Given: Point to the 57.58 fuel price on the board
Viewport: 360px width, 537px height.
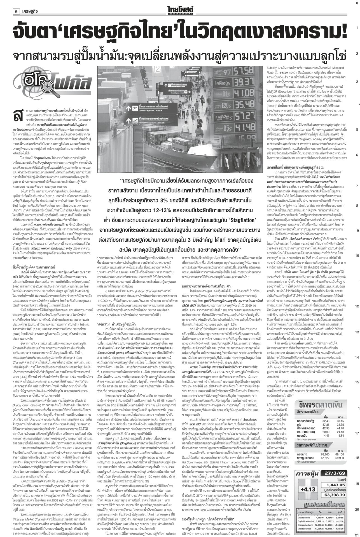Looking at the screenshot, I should point(246,69).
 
